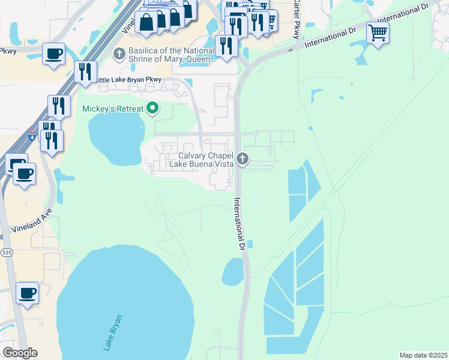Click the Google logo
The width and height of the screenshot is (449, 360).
(x=20, y=353)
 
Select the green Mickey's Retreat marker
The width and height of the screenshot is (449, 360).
(x=153, y=109)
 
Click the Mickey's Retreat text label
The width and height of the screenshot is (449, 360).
(x=113, y=109)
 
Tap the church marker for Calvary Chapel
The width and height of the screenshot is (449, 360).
(x=243, y=159)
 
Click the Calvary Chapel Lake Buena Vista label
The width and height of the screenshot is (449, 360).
(x=200, y=159)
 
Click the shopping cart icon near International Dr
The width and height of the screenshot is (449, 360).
(x=378, y=32)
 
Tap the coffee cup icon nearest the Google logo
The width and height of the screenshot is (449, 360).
(x=27, y=293)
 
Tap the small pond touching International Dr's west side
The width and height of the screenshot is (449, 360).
(x=232, y=272)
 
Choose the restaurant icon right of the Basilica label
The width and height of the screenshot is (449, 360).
(x=226, y=46)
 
